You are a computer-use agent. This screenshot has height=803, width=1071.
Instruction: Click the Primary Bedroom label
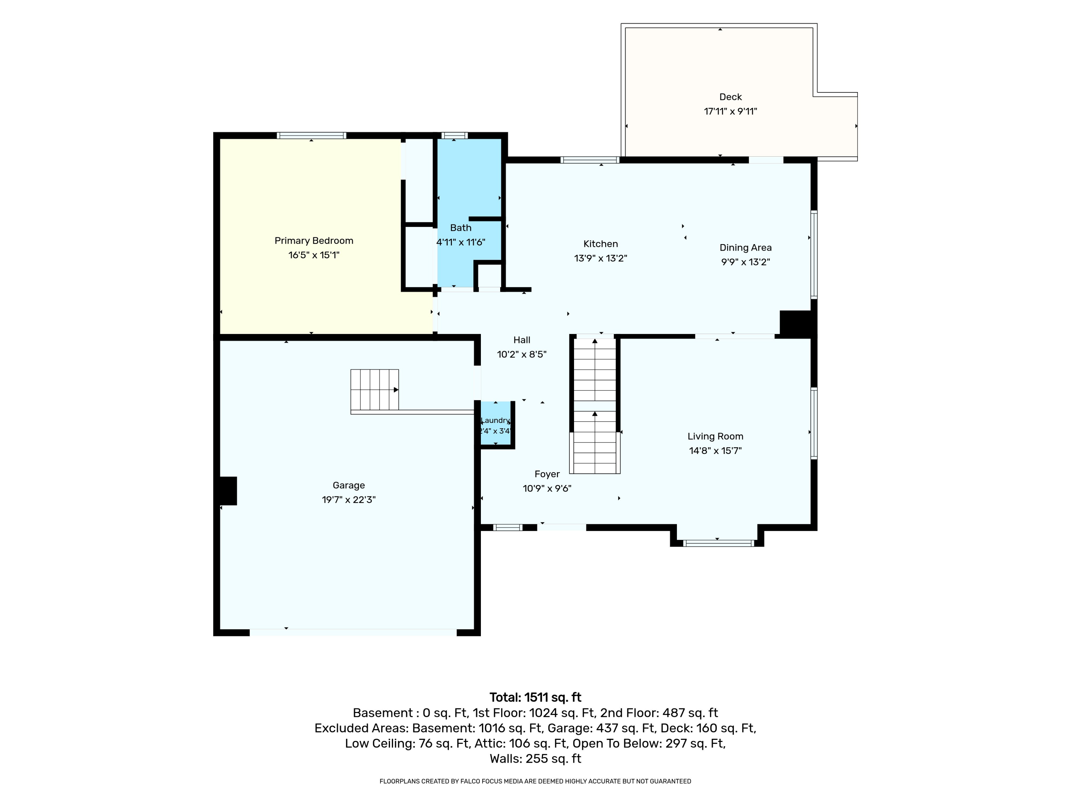(x=314, y=241)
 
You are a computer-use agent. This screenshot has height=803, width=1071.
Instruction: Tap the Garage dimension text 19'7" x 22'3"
(x=348, y=500)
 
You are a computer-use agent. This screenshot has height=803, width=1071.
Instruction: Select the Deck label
(x=730, y=97)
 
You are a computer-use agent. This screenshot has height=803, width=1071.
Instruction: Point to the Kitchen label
(x=600, y=244)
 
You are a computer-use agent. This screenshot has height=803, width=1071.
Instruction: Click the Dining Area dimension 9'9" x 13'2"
(x=745, y=262)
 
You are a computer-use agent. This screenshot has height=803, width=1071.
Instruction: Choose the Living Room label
(x=715, y=436)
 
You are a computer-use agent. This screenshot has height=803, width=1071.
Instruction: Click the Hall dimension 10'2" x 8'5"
(x=522, y=354)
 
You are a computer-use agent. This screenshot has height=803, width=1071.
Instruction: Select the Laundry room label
(x=495, y=420)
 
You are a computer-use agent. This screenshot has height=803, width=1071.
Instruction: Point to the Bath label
(x=461, y=227)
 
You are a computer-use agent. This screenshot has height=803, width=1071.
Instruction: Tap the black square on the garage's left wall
(x=228, y=491)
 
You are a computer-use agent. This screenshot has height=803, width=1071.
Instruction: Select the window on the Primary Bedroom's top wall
(x=311, y=136)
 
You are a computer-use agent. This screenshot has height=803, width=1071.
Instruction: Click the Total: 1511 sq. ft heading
(x=535, y=697)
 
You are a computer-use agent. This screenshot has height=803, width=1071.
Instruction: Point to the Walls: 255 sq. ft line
(x=535, y=758)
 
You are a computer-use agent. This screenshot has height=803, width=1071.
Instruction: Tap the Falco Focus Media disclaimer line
(x=535, y=781)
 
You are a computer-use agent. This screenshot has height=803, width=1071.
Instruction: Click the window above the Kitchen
(x=590, y=160)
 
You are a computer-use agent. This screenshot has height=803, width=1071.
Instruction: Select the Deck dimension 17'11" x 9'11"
(x=730, y=111)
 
